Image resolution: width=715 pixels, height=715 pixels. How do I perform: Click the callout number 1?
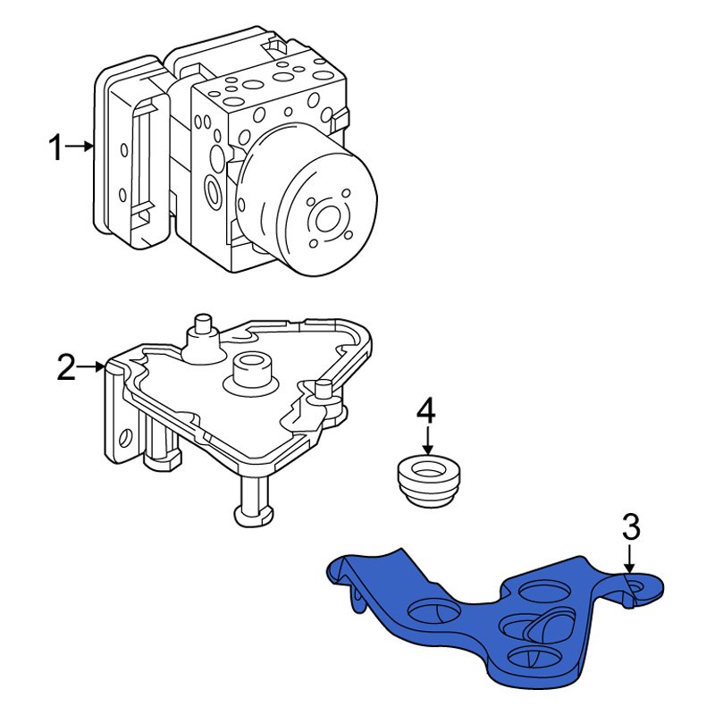click(56, 147)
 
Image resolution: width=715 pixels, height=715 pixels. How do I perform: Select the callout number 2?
click(67, 367)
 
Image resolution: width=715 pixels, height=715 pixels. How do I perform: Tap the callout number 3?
click(631, 527)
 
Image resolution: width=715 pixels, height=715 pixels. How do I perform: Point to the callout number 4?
click(426, 411)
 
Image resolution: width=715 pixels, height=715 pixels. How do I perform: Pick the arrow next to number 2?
click(93, 366)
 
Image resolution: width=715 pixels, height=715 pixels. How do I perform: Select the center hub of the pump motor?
click(325, 218)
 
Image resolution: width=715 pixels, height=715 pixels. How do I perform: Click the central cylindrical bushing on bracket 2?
click(251, 371)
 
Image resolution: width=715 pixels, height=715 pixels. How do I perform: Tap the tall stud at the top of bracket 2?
click(202, 331)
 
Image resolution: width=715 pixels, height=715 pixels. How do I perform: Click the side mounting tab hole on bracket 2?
click(125, 439)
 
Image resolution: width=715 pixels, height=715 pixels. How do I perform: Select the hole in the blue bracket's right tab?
click(640, 586)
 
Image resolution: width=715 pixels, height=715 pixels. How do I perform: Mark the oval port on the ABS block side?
click(214, 190)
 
